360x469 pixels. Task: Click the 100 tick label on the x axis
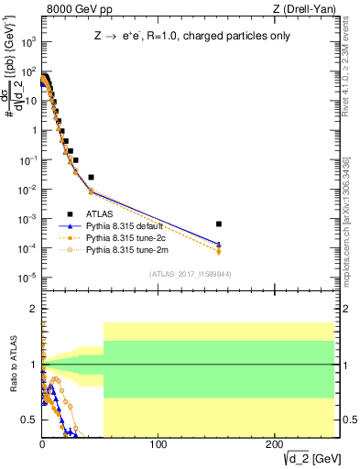click(158, 443)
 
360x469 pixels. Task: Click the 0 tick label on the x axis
click(42, 443)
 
